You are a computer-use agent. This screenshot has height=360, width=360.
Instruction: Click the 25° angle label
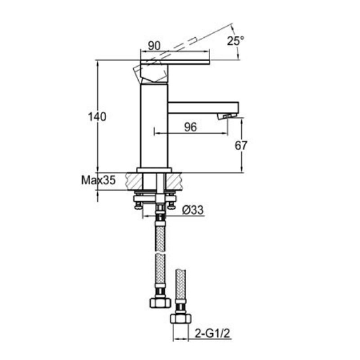pyautogui.click(x=235, y=41)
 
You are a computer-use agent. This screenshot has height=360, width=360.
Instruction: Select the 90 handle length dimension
pyautogui.click(x=154, y=46)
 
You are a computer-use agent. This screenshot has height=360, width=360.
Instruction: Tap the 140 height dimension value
pyautogui.click(x=97, y=117)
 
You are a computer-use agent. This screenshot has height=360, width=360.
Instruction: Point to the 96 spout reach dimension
pyautogui.click(x=190, y=127)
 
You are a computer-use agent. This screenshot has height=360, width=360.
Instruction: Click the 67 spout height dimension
pyautogui.click(x=241, y=145)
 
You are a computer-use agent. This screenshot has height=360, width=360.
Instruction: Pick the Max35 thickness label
pyautogui.click(x=98, y=180)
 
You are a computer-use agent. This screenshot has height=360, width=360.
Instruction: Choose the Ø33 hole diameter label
pyautogui.click(x=193, y=210)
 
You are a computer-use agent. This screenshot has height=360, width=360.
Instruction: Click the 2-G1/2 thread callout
pyautogui.click(x=212, y=333)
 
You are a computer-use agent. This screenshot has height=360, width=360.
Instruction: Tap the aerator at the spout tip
pyautogui.click(x=227, y=116)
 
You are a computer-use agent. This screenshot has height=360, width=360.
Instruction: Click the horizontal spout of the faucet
pyautogui.click(x=203, y=108)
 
